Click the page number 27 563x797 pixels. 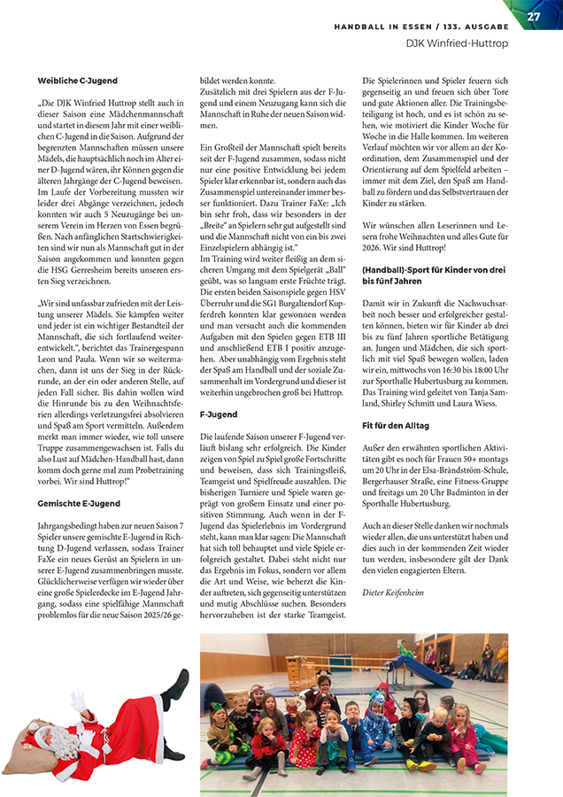pyautogui.click(x=534, y=16)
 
